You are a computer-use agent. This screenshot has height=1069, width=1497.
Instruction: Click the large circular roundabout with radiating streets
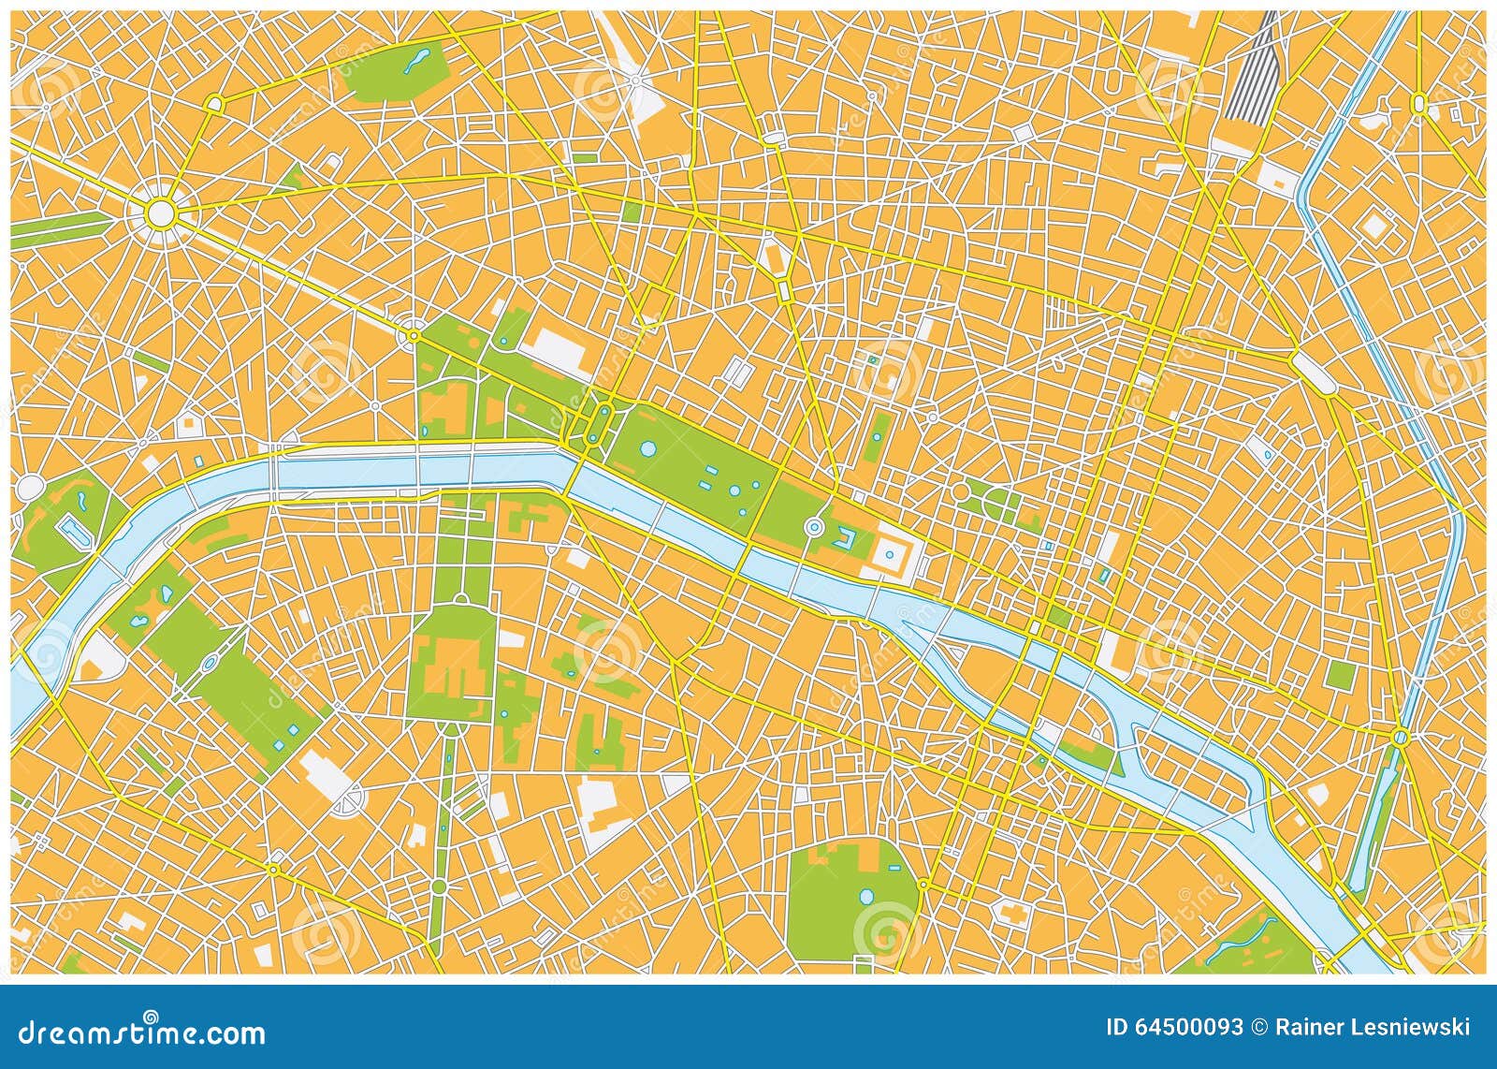point(161,213)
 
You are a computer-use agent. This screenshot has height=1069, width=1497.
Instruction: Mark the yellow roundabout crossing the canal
point(1400,739)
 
